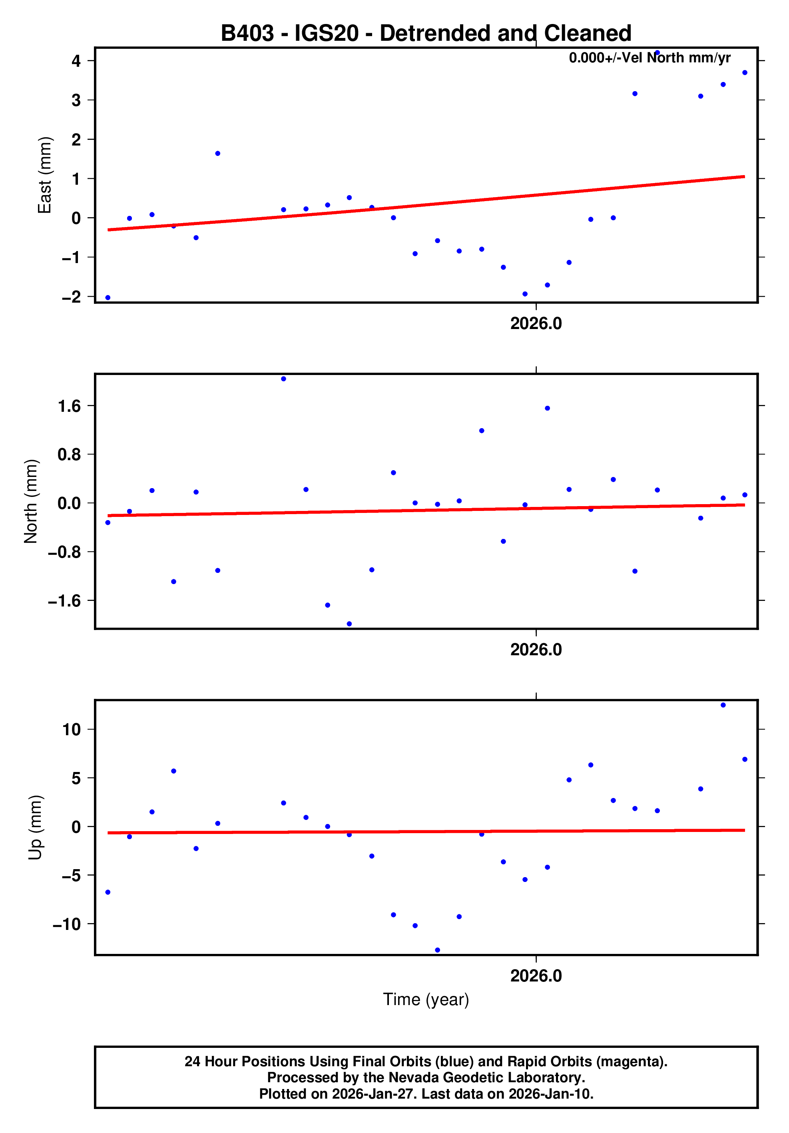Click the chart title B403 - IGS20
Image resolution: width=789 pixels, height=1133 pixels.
pyautogui.click(x=425, y=34)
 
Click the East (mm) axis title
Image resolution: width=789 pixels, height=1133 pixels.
pyautogui.click(x=44, y=175)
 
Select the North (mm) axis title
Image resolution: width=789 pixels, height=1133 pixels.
pyautogui.click(x=31, y=501)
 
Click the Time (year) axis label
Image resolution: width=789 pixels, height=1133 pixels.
pyautogui.click(x=426, y=999)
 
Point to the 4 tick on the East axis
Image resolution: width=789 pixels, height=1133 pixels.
pyautogui.click(x=76, y=61)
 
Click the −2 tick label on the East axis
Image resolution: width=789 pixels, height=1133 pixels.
pyautogui.click(x=72, y=297)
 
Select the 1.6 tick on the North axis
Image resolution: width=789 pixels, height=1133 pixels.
pyautogui.click(x=69, y=406)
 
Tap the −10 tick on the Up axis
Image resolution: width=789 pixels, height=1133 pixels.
pyautogui.click(x=67, y=924)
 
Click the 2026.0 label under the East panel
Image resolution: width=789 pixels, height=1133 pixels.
pyautogui.click(x=536, y=324)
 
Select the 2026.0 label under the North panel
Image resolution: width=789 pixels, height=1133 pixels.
pyautogui.click(x=536, y=650)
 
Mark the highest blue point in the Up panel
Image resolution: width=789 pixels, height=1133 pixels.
pyautogui.click(x=723, y=705)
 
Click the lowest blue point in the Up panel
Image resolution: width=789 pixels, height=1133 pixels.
pyautogui.click(x=437, y=950)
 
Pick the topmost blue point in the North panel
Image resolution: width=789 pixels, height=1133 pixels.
pyautogui.click(x=283, y=379)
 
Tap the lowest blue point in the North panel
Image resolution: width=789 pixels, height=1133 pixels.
pyautogui.click(x=349, y=624)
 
